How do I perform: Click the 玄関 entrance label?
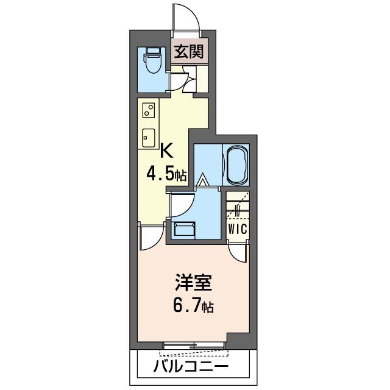pos(189,51)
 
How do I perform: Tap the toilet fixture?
pos(151,60)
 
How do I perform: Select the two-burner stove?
pos(148,110)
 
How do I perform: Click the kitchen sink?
pos(148,137)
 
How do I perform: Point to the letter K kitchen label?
pos(166,149)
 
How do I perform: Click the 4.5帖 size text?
pos(166,175)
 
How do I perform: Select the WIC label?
pos(237,229)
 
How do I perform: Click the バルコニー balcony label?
pos(191,367)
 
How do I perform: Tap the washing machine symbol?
pos(183,230)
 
